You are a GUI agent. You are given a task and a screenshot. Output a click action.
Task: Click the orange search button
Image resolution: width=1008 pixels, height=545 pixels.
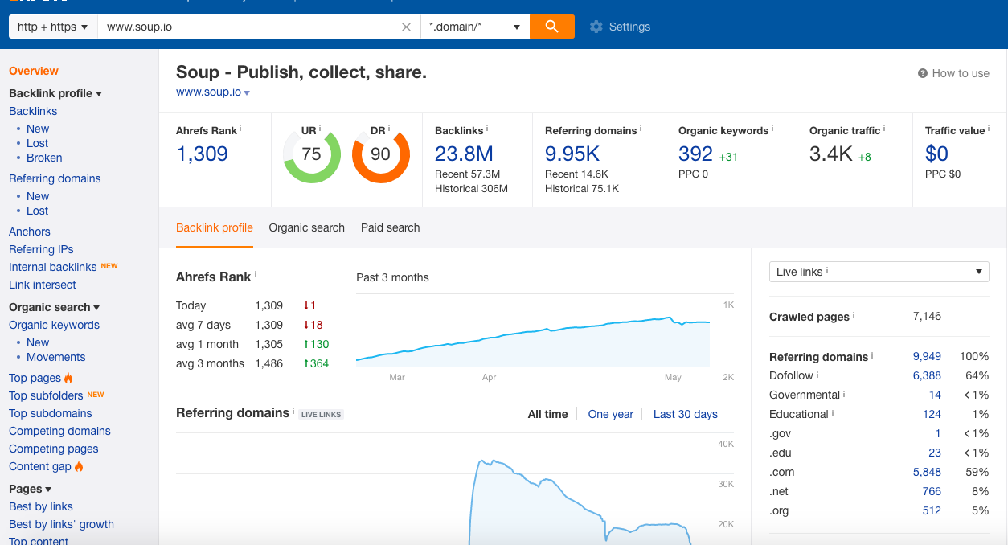click(x=551, y=27)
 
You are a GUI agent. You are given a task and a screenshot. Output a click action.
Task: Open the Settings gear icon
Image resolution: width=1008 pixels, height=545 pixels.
click(x=596, y=27)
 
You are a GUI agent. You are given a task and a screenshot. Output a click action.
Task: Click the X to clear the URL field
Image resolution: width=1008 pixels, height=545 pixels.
click(x=406, y=27)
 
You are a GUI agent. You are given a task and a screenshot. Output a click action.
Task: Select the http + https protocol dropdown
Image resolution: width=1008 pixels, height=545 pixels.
click(x=52, y=27)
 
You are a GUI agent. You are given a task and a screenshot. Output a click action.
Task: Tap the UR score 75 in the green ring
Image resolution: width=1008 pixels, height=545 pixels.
click(x=311, y=154)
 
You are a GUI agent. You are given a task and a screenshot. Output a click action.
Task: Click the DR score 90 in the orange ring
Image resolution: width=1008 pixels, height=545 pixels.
click(x=380, y=154)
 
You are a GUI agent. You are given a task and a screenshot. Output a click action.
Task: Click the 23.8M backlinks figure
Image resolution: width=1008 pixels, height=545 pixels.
click(x=464, y=154)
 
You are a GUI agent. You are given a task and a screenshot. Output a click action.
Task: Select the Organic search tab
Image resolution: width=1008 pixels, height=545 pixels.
click(x=306, y=227)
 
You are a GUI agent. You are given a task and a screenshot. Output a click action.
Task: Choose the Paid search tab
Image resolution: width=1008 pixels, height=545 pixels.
click(x=390, y=227)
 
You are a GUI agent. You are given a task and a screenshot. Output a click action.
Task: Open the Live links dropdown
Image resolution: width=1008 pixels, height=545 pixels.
click(x=879, y=272)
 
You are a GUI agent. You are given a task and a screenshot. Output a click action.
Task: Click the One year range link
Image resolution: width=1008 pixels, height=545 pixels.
click(x=610, y=414)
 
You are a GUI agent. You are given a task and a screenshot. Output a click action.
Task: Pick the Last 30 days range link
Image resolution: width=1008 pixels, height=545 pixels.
click(x=686, y=414)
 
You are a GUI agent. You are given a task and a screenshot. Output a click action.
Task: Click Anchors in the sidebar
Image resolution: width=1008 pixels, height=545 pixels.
click(x=29, y=232)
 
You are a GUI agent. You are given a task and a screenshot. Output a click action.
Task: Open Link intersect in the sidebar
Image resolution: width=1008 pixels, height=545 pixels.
click(x=43, y=285)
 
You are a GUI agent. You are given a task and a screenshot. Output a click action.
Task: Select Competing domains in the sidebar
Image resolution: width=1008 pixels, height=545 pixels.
click(x=59, y=431)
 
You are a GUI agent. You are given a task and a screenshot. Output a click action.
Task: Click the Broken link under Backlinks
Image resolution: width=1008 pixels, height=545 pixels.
click(x=44, y=158)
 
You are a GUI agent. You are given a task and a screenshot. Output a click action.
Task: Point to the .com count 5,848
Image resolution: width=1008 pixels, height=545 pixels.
click(x=927, y=472)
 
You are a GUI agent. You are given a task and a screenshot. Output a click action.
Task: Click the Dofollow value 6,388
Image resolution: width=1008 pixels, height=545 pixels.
click(x=927, y=375)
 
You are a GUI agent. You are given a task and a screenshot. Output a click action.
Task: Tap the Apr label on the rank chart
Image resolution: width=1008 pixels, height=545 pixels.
click(x=489, y=377)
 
